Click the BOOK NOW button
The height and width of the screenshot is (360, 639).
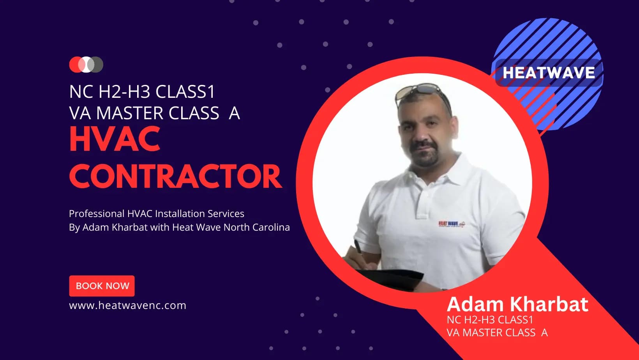[102, 286]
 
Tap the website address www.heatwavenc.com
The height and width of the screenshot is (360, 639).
[127, 305]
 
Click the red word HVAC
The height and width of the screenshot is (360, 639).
[115, 139]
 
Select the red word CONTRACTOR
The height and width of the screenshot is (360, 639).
[176, 176]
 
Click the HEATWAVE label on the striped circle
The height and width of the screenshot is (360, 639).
[549, 72]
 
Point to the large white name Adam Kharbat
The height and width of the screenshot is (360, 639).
[517, 304]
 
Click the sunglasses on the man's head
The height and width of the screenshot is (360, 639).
[422, 94]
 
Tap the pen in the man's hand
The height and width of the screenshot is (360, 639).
[358, 247]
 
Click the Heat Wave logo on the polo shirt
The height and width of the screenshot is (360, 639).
[452, 224]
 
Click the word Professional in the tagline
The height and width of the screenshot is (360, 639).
[97, 214]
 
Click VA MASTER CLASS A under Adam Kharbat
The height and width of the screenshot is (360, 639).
[497, 333]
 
